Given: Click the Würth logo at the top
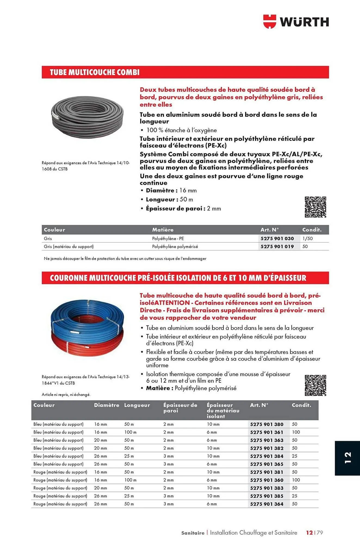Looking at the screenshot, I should pyautogui.click(x=296, y=21).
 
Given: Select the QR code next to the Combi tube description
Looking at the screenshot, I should pyautogui.click(x=315, y=207).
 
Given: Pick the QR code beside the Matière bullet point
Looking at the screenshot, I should pyautogui.click(x=315, y=385).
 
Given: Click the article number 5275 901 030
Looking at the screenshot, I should pyautogui.click(x=277, y=239).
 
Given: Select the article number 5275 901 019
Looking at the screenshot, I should pyautogui.click(x=277, y=246).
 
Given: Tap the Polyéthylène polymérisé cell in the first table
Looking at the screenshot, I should pyautogui.click(x=175, y=246).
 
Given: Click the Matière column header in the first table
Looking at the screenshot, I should pyautogui.click(x=163, y=230).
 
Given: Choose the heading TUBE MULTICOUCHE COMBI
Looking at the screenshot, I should pyautogui.click(x=95, y=72).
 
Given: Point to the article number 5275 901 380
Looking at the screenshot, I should pyautogui.click(x=267, y=424).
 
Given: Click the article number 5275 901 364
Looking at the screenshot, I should pyautogui.click(x=267, y=504).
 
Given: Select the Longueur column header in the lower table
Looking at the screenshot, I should pyautogui.click(x=137, y=405).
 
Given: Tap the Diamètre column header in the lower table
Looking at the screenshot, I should pyautogui.click(x=106, y=405).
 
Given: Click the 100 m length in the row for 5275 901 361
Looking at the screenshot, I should pyautogui.click(x=130, y=432).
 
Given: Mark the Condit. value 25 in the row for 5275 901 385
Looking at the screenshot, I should pyautogui.click(x=294, y=496).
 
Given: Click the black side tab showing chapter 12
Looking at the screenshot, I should pyautogui.click(x=347, y=458).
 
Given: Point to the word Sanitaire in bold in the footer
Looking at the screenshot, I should pyautogui.click(x=193, y=533).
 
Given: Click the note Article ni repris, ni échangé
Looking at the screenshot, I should pyautogui.click(x=66, y=394).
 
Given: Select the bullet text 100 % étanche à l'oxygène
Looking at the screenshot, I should pyautogui.click(x=181, y=130).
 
